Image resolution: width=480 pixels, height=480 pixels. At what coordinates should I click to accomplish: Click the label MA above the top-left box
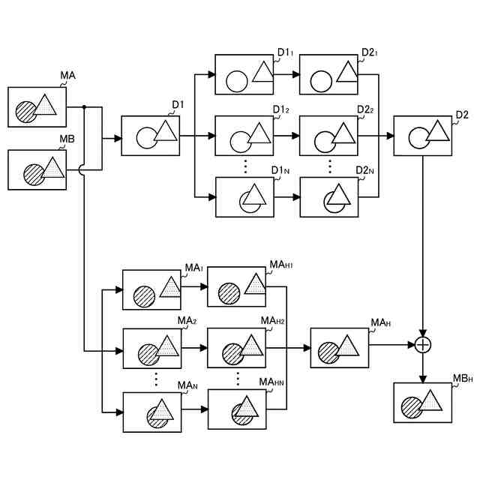67,75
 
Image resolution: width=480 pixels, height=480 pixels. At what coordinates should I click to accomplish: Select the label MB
67,139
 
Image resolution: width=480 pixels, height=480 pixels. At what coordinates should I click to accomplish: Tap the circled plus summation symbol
423,345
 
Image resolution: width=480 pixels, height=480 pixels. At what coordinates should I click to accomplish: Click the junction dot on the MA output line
84,106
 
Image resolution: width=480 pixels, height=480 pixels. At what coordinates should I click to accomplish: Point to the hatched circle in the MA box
26,112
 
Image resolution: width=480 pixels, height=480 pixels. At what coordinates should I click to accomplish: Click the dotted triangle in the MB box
53,167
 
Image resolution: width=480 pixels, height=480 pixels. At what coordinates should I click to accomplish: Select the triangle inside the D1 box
166,130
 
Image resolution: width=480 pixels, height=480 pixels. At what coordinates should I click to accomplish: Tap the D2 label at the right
462,115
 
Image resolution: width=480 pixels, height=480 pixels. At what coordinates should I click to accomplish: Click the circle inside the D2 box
418,138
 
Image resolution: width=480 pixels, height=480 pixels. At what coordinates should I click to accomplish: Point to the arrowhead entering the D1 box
118,138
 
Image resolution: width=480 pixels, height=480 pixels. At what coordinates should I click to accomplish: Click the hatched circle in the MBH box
412,407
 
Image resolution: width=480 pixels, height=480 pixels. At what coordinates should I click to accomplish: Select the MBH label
463,378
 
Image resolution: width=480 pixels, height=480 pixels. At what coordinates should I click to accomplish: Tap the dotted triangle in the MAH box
346,345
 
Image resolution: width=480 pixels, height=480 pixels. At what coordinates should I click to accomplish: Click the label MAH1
280,265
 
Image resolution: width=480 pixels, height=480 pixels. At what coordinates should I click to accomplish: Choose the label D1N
280,170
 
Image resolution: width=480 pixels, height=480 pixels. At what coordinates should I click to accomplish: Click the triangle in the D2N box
338,194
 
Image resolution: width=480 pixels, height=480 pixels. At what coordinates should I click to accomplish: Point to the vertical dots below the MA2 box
156,379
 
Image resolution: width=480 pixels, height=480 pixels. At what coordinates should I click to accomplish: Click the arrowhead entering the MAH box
307,348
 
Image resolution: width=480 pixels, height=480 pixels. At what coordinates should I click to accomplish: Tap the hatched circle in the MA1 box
144,296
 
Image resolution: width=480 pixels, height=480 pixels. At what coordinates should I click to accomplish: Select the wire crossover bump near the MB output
81,170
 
